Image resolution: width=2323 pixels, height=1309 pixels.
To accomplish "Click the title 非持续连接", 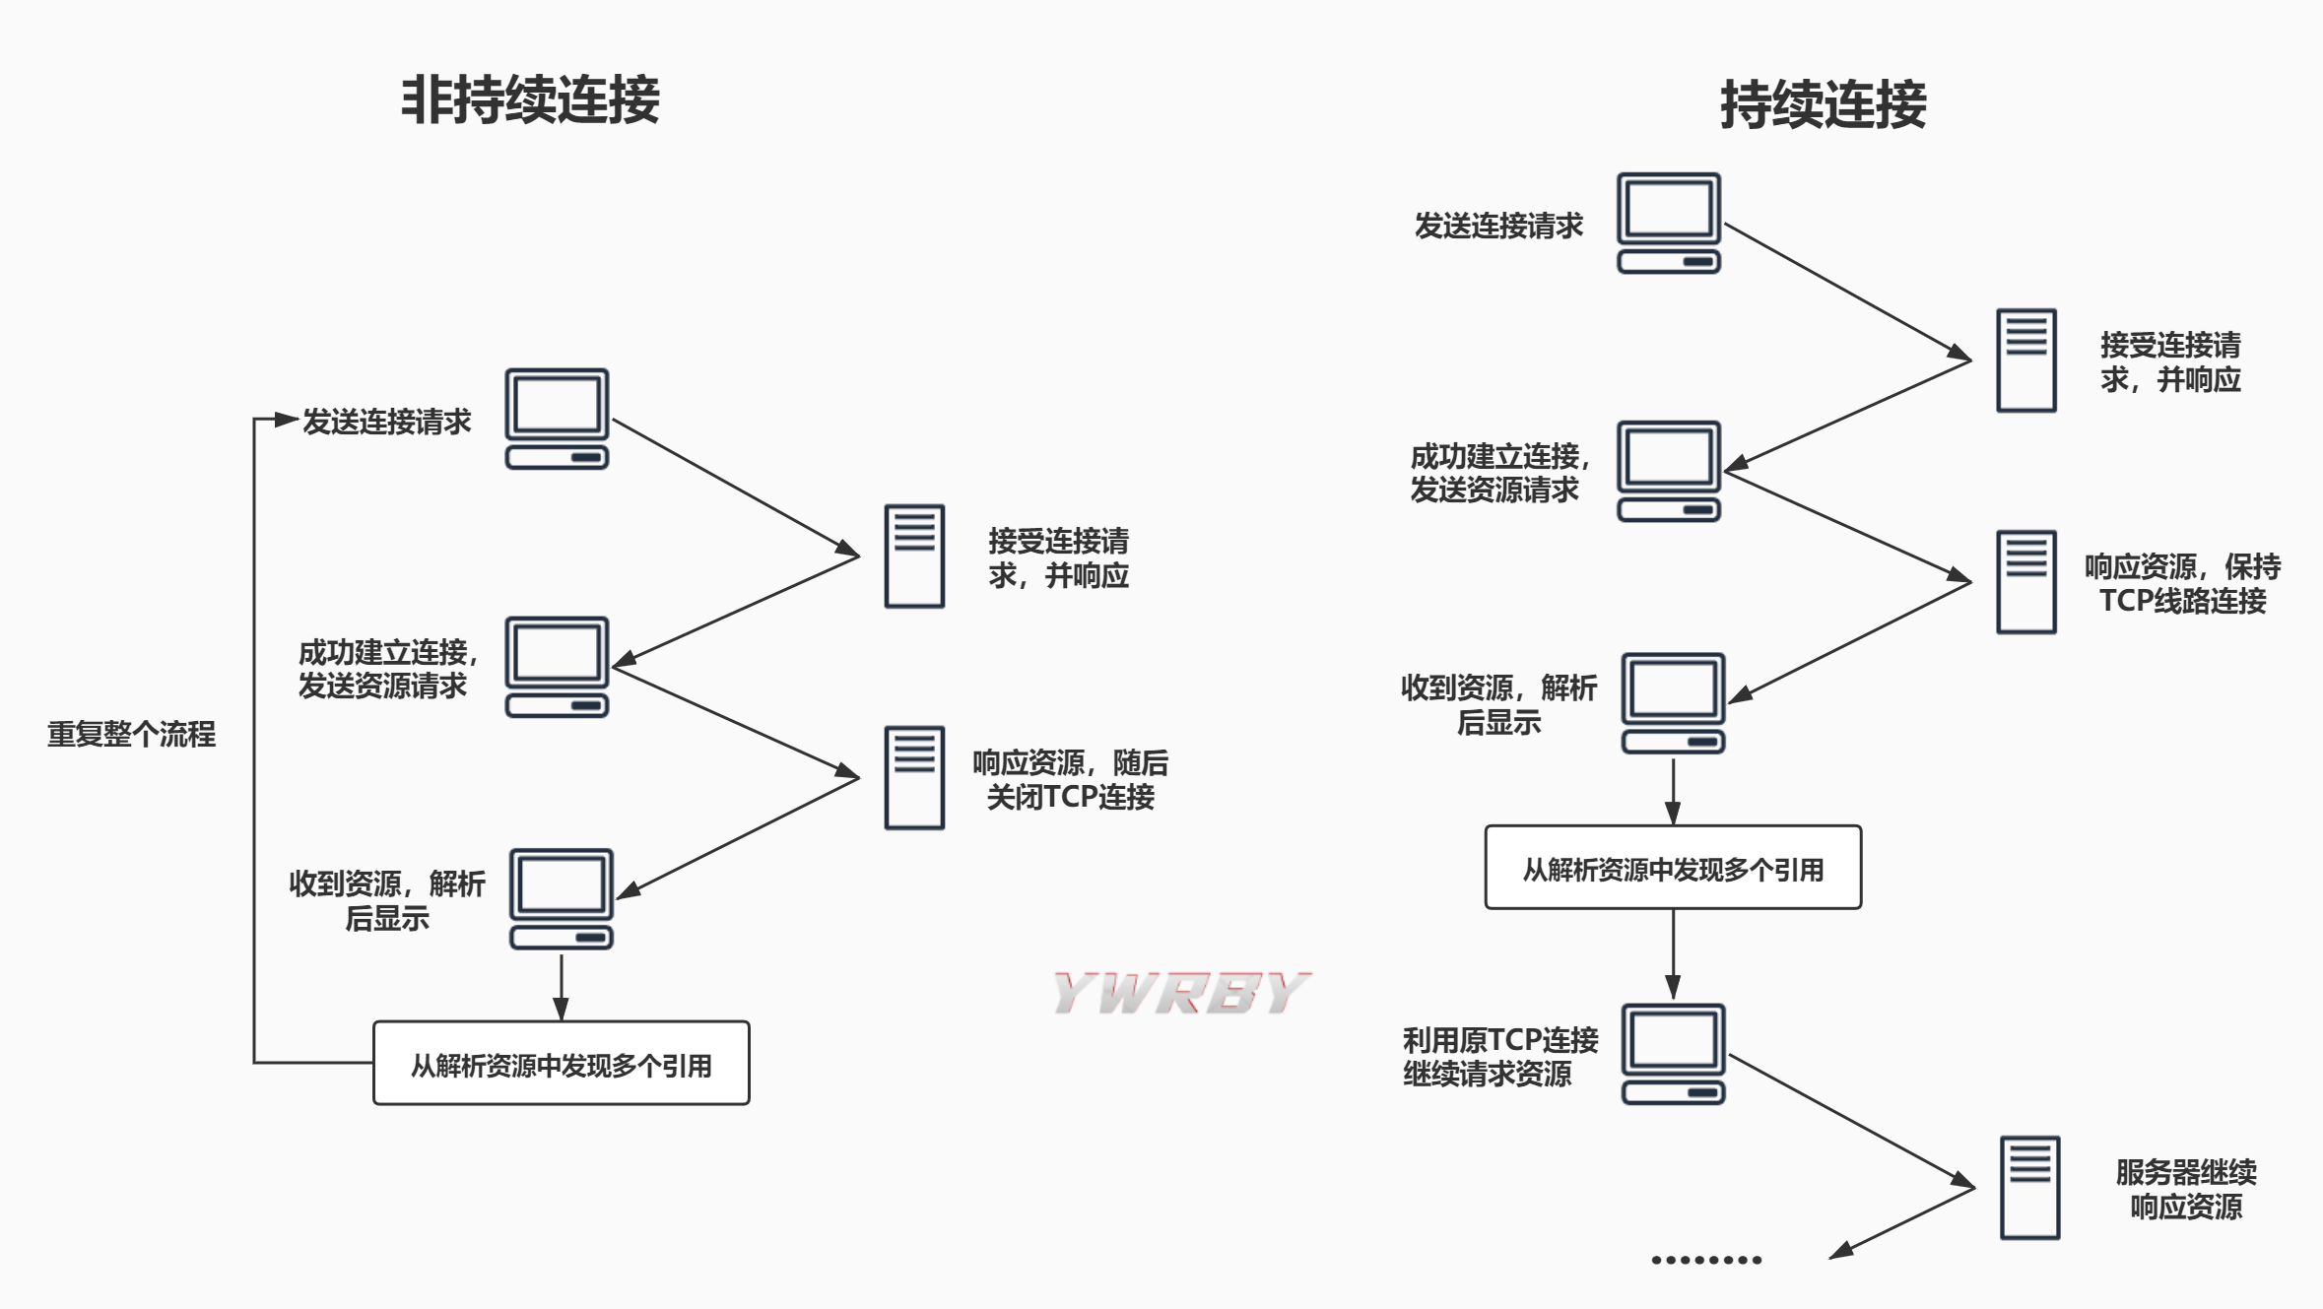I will point(530,99).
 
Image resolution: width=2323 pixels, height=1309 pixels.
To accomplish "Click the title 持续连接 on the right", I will point(1823,104).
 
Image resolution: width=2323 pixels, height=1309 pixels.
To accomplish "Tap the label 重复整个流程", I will point(131,734).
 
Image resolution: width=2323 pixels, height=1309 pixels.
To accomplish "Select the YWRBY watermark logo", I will point(1180,992).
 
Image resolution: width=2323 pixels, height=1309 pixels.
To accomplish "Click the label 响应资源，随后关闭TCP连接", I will point(1070,779).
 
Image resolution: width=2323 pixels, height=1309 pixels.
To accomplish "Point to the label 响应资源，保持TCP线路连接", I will point(2182,583).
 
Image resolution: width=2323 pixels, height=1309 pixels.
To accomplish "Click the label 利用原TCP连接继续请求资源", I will point(1499,1056).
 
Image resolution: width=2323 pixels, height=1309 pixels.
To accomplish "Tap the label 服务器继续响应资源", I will point(2186,1189).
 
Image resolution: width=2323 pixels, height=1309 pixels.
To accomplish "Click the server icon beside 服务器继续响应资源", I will point(2029,1187).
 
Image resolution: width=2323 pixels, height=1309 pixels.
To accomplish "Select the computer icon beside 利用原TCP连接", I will point(1673,1054).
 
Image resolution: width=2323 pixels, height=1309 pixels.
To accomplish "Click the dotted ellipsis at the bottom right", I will point(1706,1260).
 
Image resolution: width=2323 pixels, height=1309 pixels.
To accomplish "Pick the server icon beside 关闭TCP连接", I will point(914,777).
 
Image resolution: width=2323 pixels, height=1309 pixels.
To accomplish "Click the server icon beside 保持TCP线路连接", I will point(2025,581).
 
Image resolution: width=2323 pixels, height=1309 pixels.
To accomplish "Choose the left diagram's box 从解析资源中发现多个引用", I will point(561,1064).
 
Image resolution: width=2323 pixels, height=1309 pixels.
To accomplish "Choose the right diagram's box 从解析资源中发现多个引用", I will point(1673,868).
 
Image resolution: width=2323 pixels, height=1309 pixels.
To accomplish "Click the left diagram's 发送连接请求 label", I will point(386,422).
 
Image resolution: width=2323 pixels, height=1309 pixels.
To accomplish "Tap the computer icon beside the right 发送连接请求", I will point(1668,223).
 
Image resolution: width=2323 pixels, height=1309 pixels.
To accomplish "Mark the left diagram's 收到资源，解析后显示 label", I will point(386,900).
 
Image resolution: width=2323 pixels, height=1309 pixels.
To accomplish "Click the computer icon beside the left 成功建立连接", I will point(557,667).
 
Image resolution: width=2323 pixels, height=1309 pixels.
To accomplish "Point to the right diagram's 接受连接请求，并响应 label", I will point(2170,361).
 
